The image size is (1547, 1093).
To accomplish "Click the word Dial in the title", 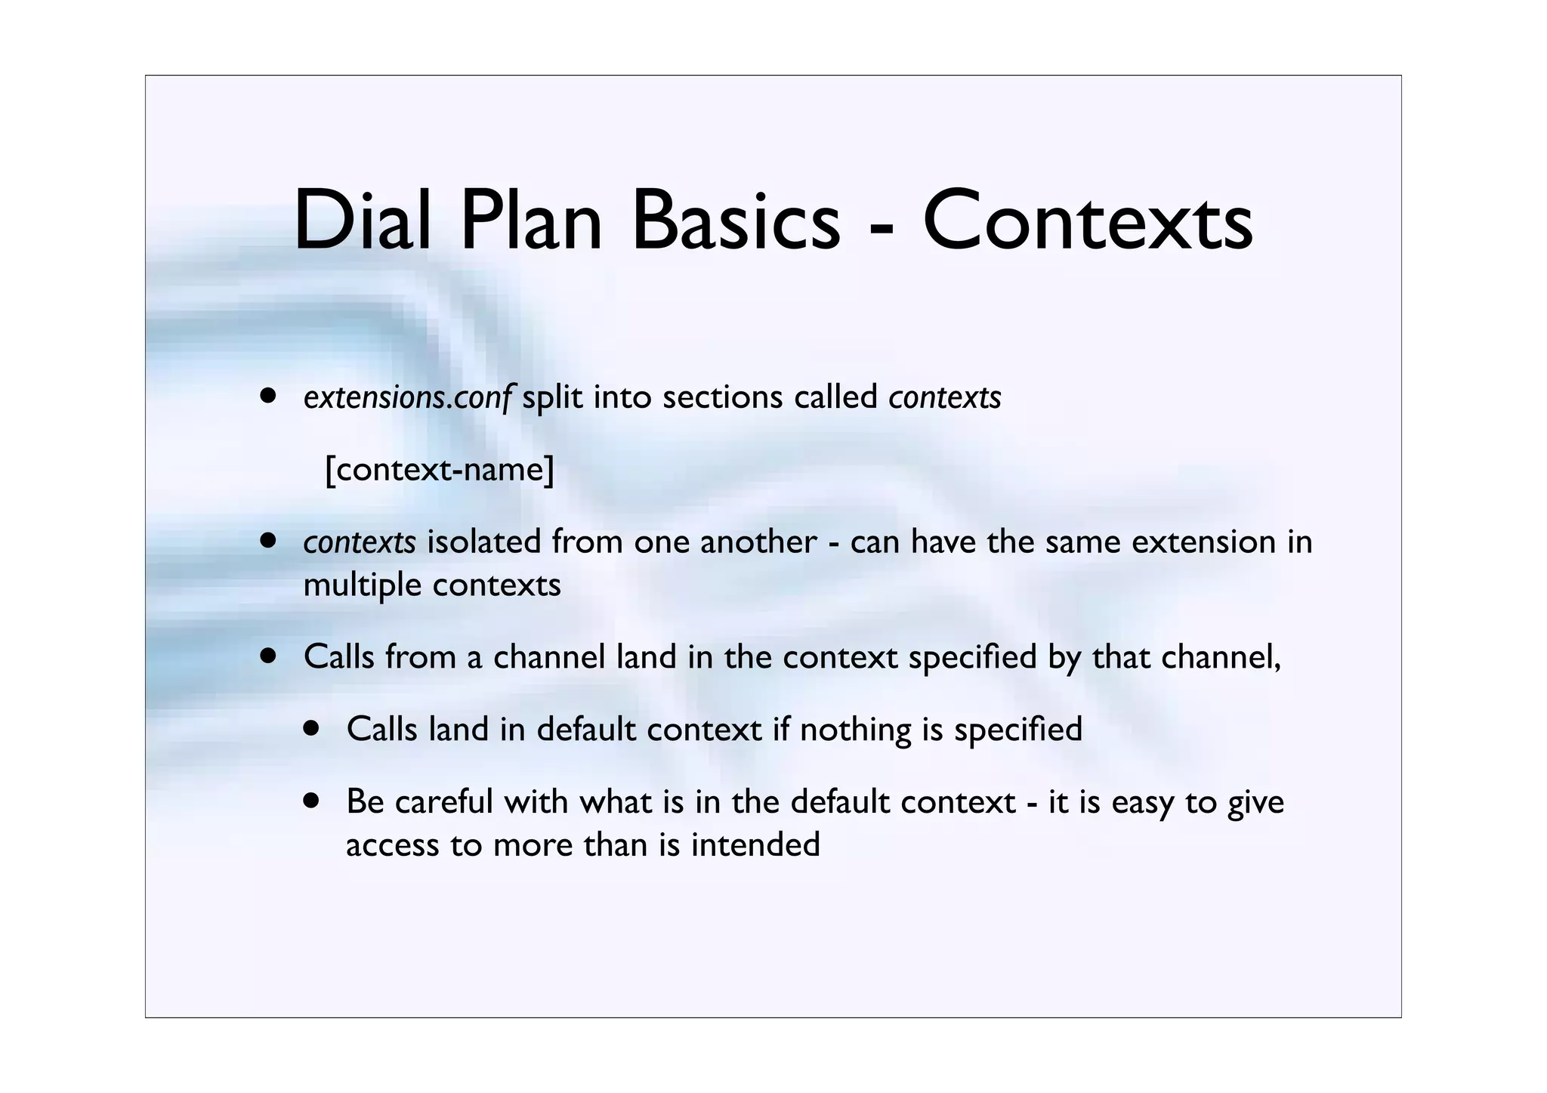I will (x=361, y=221).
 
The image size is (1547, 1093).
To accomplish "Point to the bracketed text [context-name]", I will (x=440, y=470).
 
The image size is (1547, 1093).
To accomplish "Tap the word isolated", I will (x=484, y=542).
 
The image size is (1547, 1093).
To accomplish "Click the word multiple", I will (x=362, y=585).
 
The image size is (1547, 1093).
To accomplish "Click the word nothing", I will (x=856, y=730).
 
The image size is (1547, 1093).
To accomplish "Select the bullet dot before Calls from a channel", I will (x=267, y=655).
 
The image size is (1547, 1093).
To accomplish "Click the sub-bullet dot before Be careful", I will (x=311, y=800).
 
